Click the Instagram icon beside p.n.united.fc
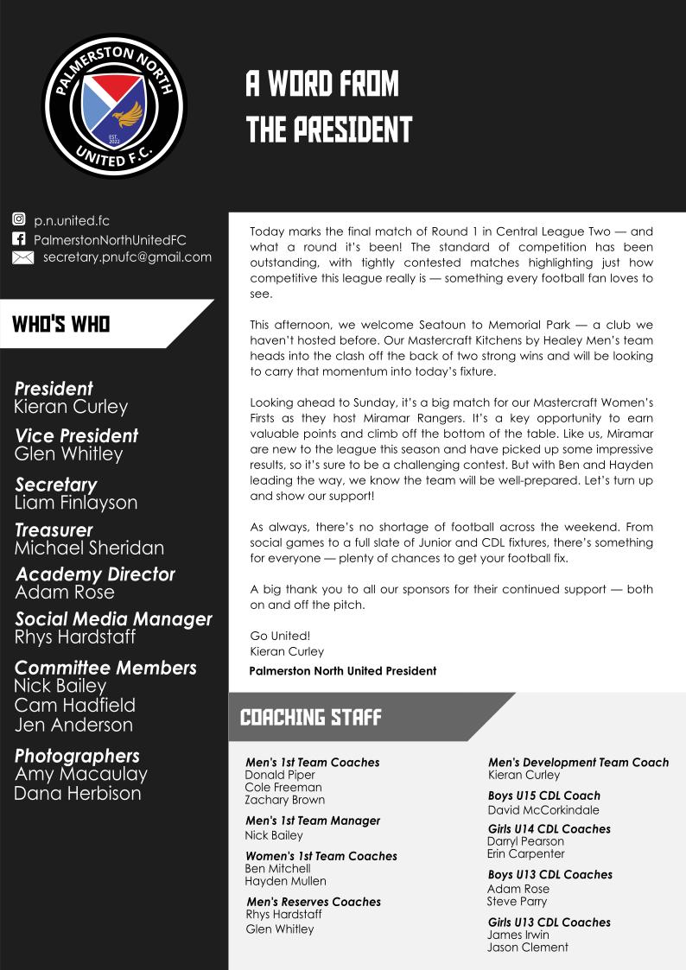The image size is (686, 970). pyautogui.click(x=19, y=221)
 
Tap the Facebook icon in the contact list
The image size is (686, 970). pyautogui.click(x=19, y=239)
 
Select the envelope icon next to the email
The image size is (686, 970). pyautogui.click(x=23, y=257)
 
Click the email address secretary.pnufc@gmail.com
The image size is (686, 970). pyautogui.click(x=127, y=257)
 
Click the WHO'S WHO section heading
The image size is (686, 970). pyautogui.click(x=60, y=324)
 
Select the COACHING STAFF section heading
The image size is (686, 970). pyautogui.click(x=310, y=717)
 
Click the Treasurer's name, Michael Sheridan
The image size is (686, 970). pyautogui.click(x=89, y=548)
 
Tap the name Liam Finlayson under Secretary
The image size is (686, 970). pyautogui.click(x=76, y=503)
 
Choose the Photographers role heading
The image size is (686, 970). pyautogui.click(x=77, y=756)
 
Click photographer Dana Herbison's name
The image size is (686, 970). pyautogui.click(x=77, y=793)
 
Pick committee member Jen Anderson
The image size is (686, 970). pyautogui.click(x=73, y=725)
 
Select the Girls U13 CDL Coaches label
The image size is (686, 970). pyautogui.click(x=549, y=922)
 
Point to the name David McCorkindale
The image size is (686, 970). pyautogui.click(x=543, y=810)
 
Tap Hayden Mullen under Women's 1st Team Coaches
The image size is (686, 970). pyautogui.click(x=285, y=881)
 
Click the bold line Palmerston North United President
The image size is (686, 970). pyautogui.click(x=342, y=670)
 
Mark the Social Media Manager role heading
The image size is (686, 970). pyautogui.click(x=113, y=619)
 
